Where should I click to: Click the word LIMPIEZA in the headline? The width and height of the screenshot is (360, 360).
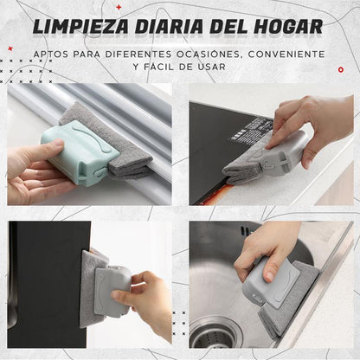[80, 27]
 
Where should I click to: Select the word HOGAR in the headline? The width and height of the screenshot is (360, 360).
[288, 27]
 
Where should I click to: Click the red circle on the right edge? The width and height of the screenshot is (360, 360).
[341, 70]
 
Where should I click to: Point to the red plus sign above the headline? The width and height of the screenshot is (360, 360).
[119, 7]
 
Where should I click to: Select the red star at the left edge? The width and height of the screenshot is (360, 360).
[10, 48]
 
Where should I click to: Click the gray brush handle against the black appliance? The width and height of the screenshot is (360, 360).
[113, 291]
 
